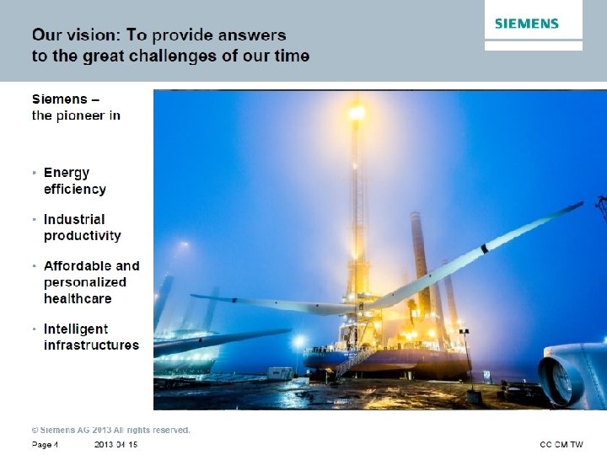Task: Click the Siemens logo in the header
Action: tap(527, 24)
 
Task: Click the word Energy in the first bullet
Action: tap(67, 173)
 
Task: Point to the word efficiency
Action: tap(75, 189)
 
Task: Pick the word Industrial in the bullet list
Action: tap(74, 219)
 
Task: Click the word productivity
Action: tap(83, 235)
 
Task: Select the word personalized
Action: tap(85, 282)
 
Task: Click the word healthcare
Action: tap(78, 298)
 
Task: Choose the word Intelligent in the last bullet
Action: tap(76, 329)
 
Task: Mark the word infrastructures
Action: tap(91, 345)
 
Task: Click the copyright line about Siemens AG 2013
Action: tap(111, 430)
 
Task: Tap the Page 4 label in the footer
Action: tap(45, 444)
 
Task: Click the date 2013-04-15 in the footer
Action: tap(115, 444)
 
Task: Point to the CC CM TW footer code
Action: tap(561, 444)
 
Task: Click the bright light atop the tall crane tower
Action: tap(357, 111)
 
